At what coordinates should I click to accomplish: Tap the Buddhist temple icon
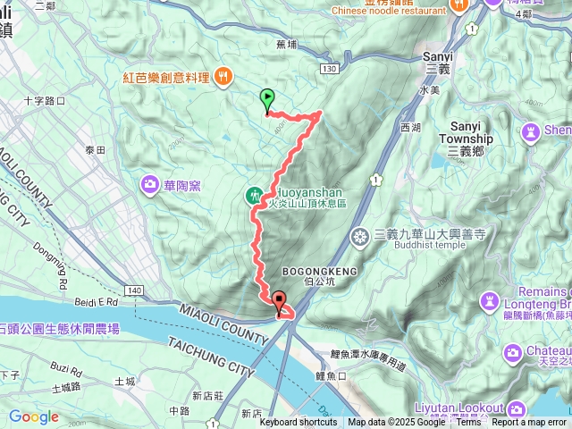[x=360, y=236]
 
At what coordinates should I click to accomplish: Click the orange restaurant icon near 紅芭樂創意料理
[x=223, y=78]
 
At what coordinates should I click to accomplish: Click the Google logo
[x=33, y=416]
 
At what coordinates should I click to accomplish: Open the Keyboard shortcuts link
[x=299, y=423]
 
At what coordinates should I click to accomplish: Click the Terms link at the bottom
[x=469, y=423]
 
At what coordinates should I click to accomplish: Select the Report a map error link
[x=529, y=423]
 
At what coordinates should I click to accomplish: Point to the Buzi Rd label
[x=65, y=367]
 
